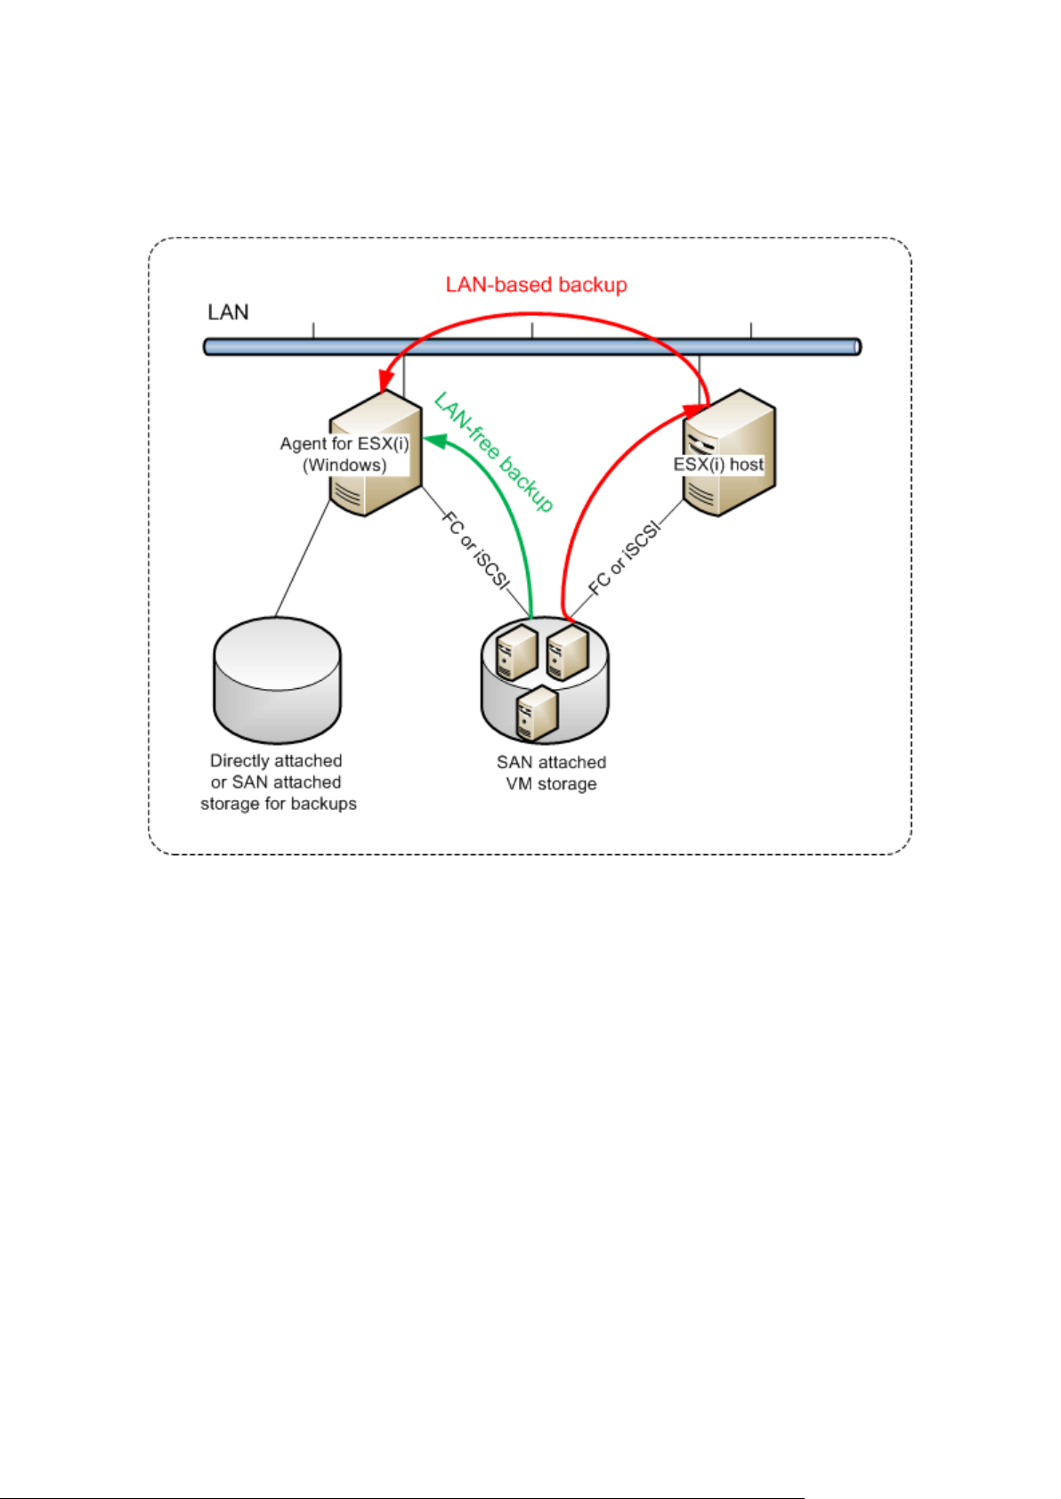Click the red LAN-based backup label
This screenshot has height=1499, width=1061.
point(537,285)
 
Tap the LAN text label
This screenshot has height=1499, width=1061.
point(228,312)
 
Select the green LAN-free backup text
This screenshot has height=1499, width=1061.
point(494,452)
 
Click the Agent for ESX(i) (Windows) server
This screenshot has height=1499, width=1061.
point(376,453)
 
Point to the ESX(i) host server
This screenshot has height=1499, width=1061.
point(729,452)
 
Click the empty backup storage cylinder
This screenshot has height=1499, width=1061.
point(277,680)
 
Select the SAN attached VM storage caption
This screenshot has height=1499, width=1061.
point(551,773)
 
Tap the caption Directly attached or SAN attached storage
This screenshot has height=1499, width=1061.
point(279,782)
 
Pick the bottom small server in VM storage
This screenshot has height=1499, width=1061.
point(538,713)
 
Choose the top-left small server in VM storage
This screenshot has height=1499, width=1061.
point(516,652)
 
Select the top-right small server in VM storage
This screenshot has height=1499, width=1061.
point(567,652)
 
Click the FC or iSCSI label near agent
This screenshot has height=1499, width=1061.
point(475,551)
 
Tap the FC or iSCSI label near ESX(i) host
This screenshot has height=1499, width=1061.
point(624,558)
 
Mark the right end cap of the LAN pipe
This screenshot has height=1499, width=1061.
point(858,346)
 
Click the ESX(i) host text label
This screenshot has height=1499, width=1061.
point(718,465)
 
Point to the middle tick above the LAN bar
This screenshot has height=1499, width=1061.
point(532,330)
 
